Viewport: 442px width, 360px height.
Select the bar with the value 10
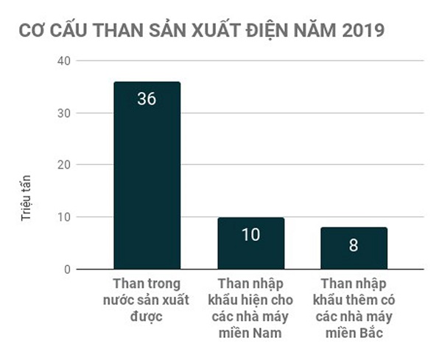pos(250,244)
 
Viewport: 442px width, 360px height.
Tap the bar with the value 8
pos(354,249)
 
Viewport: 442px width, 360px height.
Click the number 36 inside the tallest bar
pos(147,98)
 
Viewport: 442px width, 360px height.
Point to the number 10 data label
pos(250,236)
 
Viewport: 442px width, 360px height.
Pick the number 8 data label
pos(354,245)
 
